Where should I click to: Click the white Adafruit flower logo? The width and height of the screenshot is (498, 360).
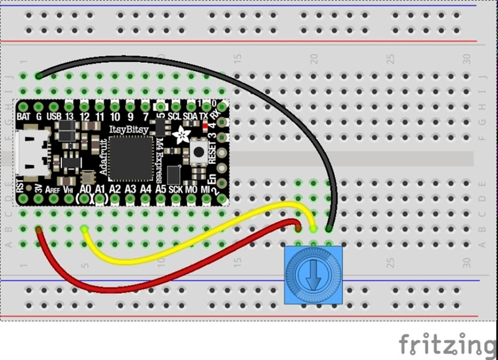(x=185, y=131)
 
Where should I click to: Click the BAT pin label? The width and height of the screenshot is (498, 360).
(x=24, y=116)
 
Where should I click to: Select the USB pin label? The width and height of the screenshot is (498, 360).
(x=55, y=116)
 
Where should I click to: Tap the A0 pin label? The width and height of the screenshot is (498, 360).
(x=86, y=188)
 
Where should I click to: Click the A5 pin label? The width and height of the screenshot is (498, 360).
(x=161, y=188)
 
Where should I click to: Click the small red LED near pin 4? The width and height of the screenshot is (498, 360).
(x=205, y=125)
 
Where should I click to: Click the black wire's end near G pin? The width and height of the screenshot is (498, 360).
(x=39, y=76)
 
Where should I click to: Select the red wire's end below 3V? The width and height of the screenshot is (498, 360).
(x=39, y=230)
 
